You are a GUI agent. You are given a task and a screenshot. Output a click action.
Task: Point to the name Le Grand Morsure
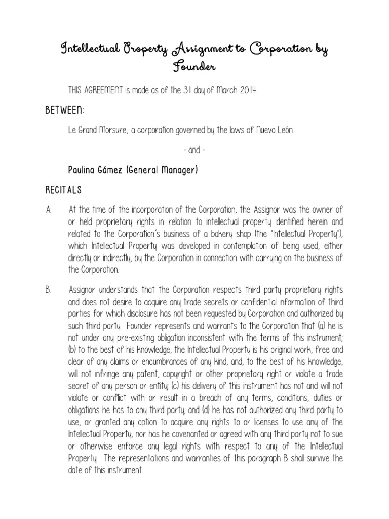[94, 131]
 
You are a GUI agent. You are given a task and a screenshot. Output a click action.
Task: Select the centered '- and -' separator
[194, 151]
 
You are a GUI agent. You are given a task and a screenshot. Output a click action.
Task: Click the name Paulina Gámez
[97, 170]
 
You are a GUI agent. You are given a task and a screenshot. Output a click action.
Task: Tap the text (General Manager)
[162, 170]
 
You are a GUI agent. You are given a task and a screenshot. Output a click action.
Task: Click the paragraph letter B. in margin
[48, 290]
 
